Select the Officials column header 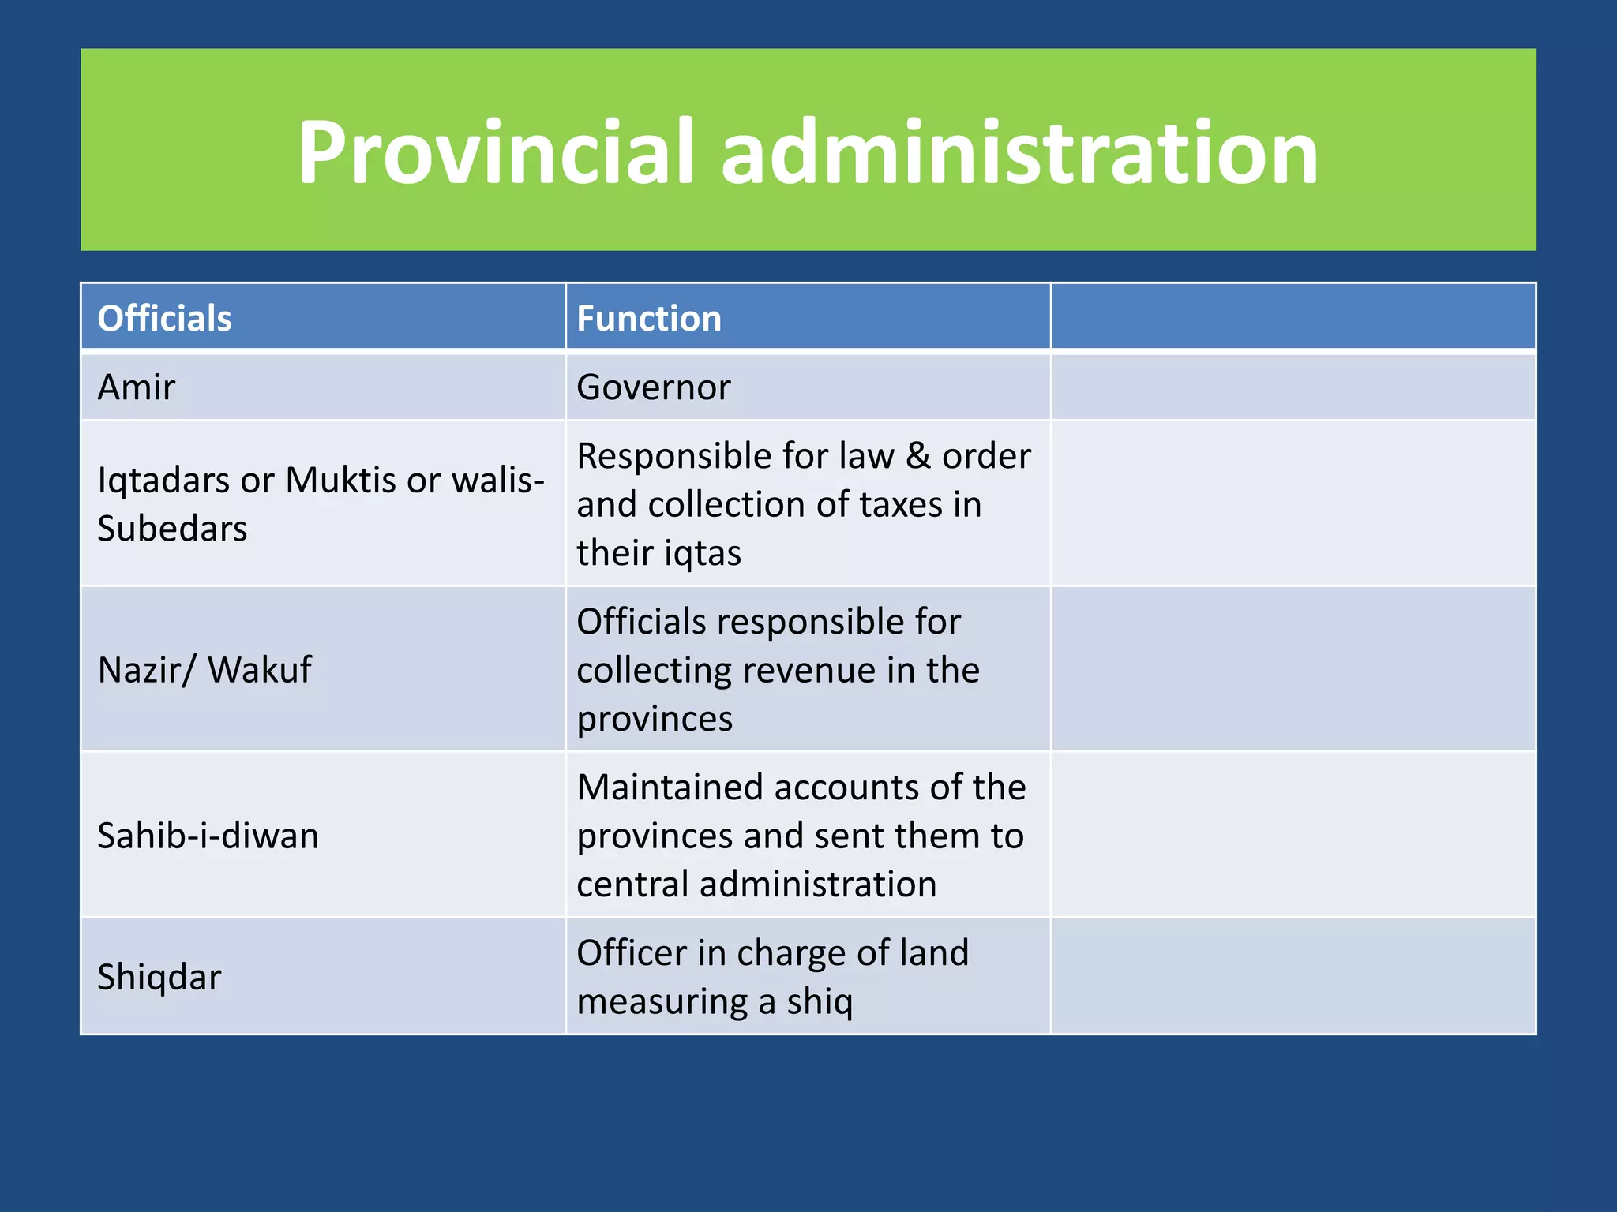click(164, 319)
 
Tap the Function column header click(649, 319)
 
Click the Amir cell click(137, 387)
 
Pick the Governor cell click(654, 387)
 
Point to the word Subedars click(172, 529)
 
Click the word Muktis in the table click(340, 481)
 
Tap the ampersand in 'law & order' click(918, 456)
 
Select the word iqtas click(702, 552)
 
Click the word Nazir click(137, 670)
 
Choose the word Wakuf click(259, 670)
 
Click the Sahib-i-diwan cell click(208, 836)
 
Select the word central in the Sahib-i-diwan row click(633, 884)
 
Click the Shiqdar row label click(159, 977)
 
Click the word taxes click(901, 505)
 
